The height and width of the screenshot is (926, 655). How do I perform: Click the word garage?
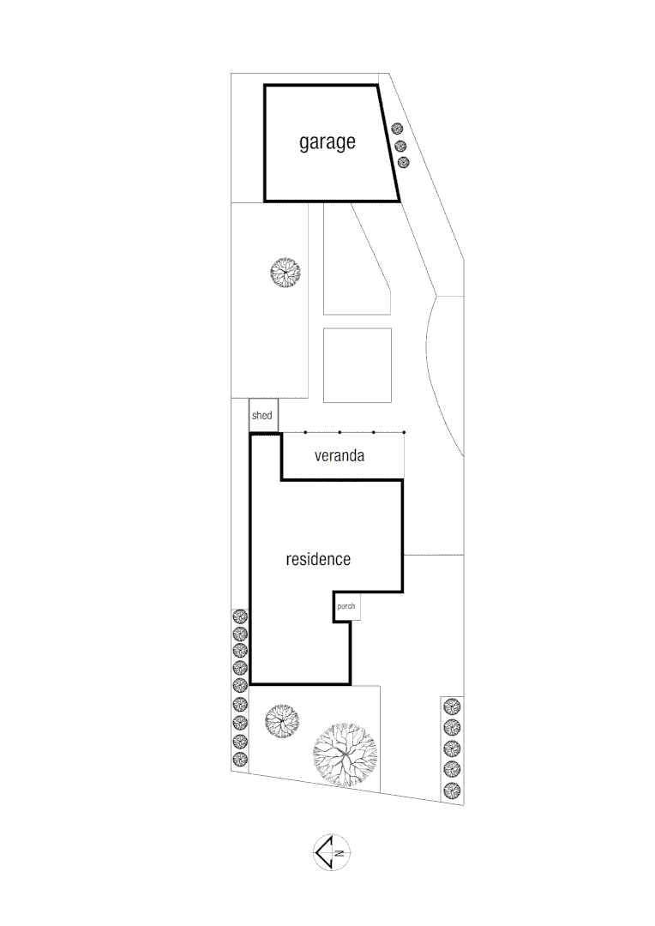(x=327, y=143)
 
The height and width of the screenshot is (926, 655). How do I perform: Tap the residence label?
(x=318, y=559)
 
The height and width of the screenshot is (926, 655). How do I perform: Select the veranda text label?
(x=340, y=455)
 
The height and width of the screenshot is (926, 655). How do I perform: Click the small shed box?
(x=263, y=416)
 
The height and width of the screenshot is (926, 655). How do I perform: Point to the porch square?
(x=346, y=606)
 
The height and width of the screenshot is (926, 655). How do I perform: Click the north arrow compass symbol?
(x=331, y=852)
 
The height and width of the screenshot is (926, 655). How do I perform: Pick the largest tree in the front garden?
(x=345, y=755)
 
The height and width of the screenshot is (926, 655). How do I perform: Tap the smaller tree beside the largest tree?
(x=282, y=720)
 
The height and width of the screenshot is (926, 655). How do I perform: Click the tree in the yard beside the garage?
(x=285, y=273)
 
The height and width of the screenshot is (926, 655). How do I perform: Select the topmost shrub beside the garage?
(x=397, y=128)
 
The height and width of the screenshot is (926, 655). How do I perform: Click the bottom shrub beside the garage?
(x=404, y=162)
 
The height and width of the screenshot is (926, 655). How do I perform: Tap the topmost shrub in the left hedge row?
(x=240, y=617)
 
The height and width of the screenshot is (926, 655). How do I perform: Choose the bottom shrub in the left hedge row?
(x=240, y=759)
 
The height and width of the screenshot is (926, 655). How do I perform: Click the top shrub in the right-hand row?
(x=452, y=707)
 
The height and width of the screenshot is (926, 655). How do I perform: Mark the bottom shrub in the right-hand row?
(x=452, y=791)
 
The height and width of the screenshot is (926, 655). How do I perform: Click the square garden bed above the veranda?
(x=358, y=365)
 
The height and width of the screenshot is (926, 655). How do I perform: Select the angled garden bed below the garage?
(x=357, y=259)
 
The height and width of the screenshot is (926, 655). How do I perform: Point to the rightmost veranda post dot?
(x=404, y=432)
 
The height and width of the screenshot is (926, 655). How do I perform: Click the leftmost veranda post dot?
(x=305, y=432)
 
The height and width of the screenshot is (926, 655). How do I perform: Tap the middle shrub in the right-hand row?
(x=452, y=748)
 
